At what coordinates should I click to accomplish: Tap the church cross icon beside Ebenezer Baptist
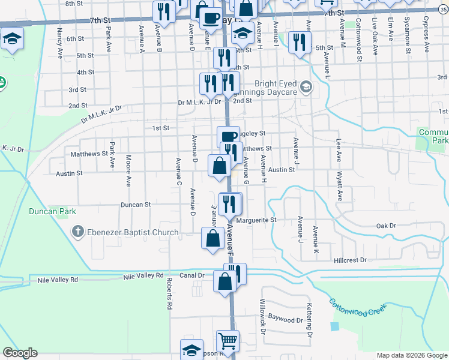[77, 232]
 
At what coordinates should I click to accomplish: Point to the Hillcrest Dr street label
[350, 260]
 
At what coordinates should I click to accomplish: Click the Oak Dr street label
[387, 226]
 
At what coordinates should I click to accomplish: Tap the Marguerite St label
[256, 220]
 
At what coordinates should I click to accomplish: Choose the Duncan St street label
[136, 205]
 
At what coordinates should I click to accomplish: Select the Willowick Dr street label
[262, 317]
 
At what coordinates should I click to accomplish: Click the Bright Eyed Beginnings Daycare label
[276, 88]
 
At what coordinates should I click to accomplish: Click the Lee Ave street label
[339, 150]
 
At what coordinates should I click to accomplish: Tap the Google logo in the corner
[20, 353]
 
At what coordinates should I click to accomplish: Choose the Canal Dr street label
[193, 275]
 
